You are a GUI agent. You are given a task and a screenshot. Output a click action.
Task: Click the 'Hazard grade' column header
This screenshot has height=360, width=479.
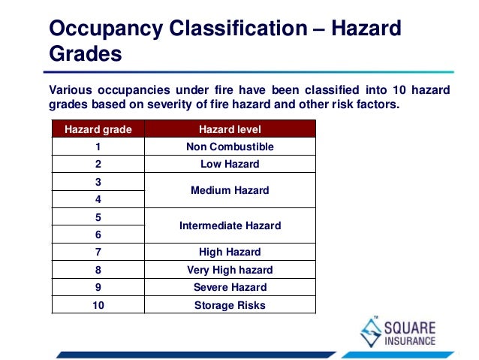pos(98,129)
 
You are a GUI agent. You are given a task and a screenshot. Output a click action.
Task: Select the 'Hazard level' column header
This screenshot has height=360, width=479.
pos(230,129)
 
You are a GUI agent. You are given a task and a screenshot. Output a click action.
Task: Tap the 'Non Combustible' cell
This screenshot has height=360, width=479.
pos(230,147)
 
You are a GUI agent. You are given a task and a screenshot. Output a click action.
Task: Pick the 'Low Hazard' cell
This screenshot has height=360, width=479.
pos(230,164)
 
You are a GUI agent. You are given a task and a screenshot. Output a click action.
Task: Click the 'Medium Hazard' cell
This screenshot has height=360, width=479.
pos(230,191)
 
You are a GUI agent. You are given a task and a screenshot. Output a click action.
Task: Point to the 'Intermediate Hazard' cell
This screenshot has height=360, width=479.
pos(230,225)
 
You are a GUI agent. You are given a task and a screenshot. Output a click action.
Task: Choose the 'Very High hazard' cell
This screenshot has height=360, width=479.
pos(230,270)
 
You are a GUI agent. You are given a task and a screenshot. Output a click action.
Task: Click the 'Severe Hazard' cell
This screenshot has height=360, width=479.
pos(230,287)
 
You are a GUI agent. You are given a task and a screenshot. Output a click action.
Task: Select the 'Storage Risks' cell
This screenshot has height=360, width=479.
pos(230,305)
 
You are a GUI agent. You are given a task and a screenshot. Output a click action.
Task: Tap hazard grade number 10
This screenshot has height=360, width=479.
pos(98,305)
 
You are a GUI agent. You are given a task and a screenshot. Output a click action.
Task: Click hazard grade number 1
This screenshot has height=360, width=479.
pos(98,147)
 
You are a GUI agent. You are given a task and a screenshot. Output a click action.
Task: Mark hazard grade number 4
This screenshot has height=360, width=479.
pos(98,200)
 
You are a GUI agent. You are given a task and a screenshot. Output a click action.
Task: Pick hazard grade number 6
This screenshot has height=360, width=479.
pos(98,234)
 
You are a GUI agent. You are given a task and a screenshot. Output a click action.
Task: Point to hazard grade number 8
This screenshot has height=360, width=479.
pos(98,270)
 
